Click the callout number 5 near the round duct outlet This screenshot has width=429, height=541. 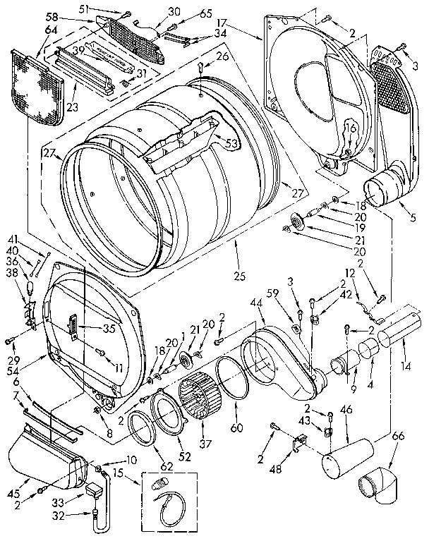(413, 218)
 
